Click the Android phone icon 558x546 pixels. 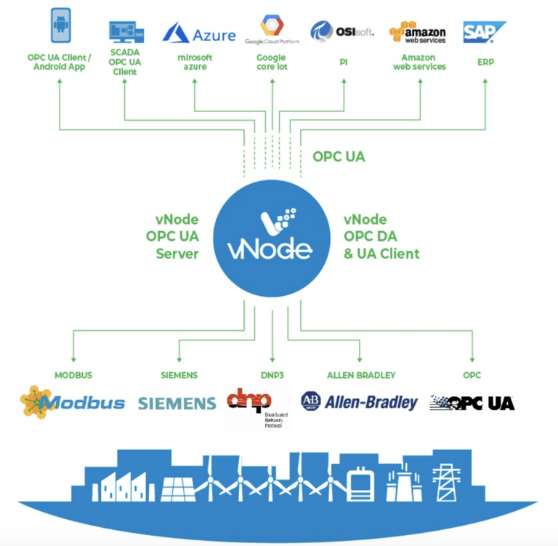coord(62,25)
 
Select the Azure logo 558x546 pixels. coord(199,33)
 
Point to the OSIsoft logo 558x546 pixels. coord(342,31)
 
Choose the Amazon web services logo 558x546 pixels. coord(418,33)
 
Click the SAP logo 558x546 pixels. coord(484,32)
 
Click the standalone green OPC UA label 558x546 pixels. coord(339,156)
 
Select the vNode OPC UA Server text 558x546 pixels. coord(177,237)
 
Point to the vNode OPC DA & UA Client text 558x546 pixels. coord(381,237)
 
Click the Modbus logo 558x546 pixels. coord(73,401)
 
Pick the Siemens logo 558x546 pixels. coord(177,403)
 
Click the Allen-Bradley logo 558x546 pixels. coord(360,401)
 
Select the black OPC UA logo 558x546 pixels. coord(472,402)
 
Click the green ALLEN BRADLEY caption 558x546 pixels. coord(361,375)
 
